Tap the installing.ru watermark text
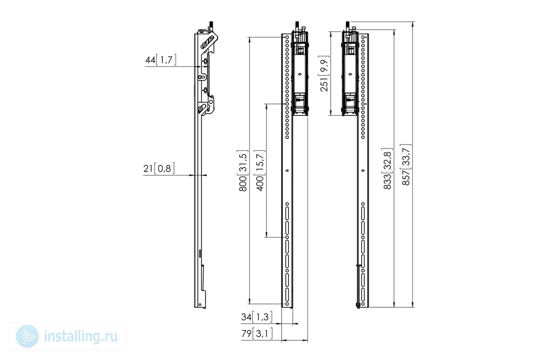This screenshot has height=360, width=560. click(x=81, y=336)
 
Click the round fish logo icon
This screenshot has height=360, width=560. click(x=27, y=336)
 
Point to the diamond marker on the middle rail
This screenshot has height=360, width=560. click(x=287, y=170)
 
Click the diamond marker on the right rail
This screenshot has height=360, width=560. click(x=363, y=170)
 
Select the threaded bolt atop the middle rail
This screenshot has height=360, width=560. click(x=297, y=26)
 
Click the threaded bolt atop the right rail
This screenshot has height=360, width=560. click(x=348, y=26)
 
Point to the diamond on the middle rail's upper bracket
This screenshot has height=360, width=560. click(x=300, y=74)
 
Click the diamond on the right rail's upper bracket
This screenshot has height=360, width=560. click(x=350, y=74)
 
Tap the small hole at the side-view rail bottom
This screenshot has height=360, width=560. click(x=200, y=304)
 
